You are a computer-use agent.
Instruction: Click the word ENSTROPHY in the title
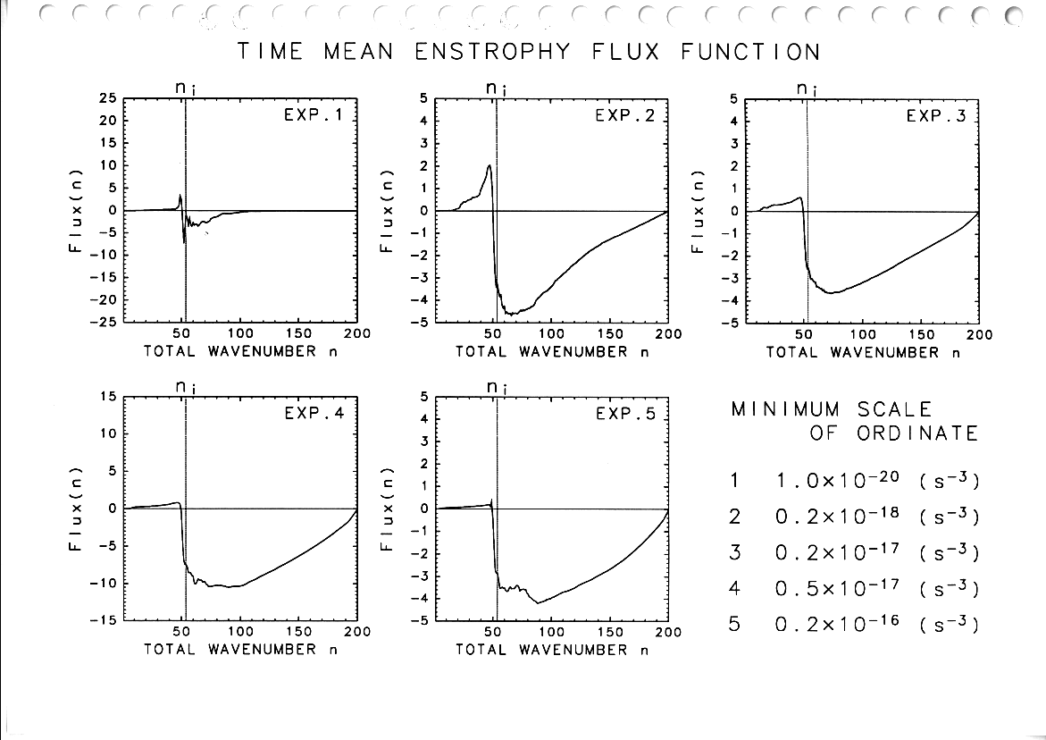(x=492, y=51)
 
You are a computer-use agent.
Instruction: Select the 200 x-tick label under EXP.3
(x=979, y=334)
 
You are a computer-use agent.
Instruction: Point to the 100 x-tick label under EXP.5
(x=550, y=632)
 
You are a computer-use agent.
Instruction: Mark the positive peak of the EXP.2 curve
(x=489, y=165)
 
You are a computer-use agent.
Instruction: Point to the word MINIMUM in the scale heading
(x=785, y=410)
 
